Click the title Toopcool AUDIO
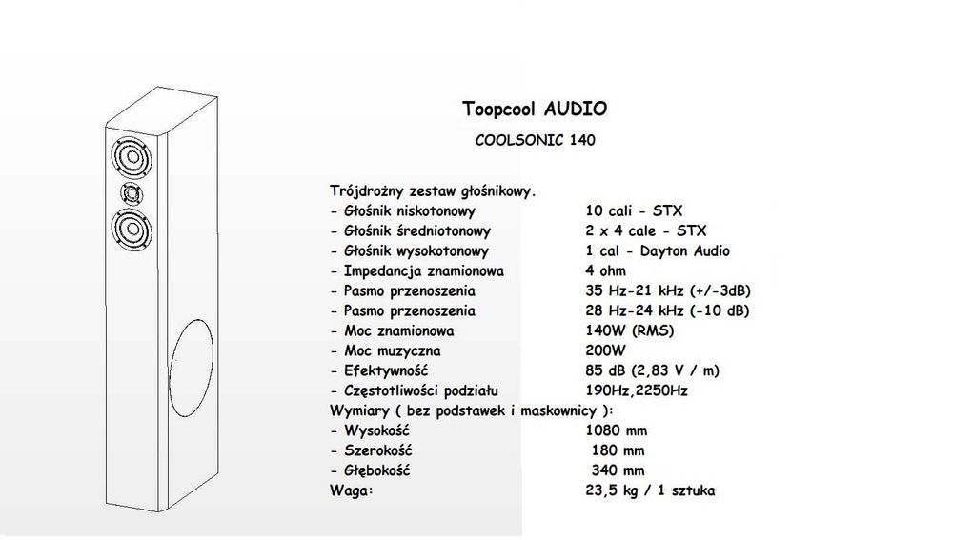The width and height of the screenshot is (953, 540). (535, 110)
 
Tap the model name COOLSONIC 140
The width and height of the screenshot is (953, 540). (535, 140)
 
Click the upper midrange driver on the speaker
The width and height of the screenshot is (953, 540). (131, 157)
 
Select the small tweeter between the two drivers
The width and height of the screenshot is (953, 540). (132, 194)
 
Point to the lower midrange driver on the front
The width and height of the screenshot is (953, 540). (132, 230)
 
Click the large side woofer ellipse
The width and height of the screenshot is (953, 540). (191, 369)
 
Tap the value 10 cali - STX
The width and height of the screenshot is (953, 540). (634, 210)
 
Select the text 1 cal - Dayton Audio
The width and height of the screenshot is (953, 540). (657, 250)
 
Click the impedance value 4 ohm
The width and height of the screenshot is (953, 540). (605, 270)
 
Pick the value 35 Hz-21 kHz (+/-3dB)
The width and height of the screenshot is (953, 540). (668, 291)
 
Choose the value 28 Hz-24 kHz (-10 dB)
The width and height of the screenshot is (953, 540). (667, 311)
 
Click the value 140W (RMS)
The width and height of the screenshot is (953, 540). (630, 331)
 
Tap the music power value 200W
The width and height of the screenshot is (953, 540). (605, 350)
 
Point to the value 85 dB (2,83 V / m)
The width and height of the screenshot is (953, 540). (652, 370)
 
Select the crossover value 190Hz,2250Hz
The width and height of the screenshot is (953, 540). (637, 390)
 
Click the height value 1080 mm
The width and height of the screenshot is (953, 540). (617, 430)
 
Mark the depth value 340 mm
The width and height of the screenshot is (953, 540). (618, 470)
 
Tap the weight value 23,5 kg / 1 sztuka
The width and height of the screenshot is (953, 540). (650, 490)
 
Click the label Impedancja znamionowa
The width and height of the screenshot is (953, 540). (424, 271)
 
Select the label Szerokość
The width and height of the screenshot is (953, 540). (378, 450)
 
